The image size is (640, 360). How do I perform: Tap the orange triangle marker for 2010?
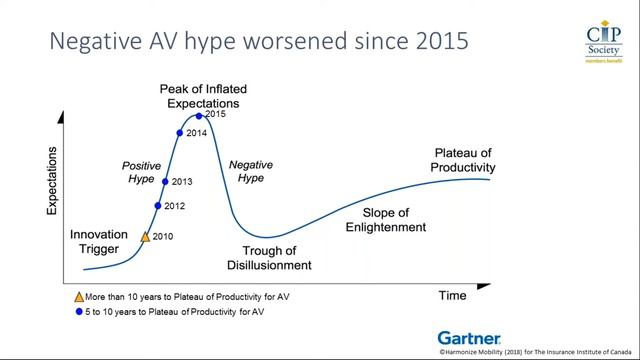click(x=145, y=237)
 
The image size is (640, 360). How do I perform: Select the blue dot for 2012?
click(x=157, y=206)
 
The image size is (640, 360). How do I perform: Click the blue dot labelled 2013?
click(x=164, y=181)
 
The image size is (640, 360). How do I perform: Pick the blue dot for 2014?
click(x=180, y=133)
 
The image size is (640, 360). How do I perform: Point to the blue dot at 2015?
click(x=199, y=115)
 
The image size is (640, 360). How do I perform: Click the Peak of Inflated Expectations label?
click(x=203, y=96)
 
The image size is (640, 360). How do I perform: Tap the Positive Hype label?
click(x=141, y=171)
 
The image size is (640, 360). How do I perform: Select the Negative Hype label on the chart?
click(x=246, y=171)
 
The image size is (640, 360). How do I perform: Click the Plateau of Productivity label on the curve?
click(x=463, y=160)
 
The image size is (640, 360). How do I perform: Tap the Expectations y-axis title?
click(x=51, y=181)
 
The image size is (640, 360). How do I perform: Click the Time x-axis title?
click(x=452, y=296)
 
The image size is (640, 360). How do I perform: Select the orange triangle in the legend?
click(x=79, y=297)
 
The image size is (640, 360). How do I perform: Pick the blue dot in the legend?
click(x=79, y=312)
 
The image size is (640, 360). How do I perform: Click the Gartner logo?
click(x=469, y=338)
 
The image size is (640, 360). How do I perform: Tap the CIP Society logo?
click(x=602, y=46)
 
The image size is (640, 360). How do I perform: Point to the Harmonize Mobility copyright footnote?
click(x=535, y=353)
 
